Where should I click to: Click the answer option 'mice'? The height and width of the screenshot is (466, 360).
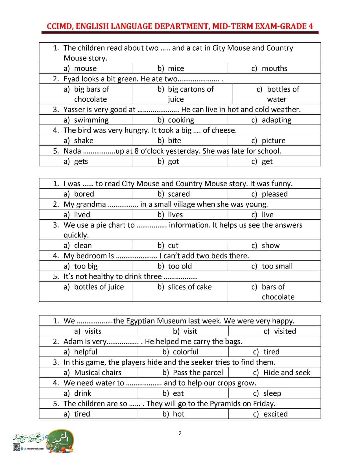coord(176,68)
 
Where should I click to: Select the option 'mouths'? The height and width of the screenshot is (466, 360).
coord(274,68)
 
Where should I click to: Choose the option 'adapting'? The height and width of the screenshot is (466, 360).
coord(276,120)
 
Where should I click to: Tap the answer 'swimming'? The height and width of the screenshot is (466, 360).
coord(91,120)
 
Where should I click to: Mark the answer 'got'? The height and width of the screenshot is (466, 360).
coord(173,161)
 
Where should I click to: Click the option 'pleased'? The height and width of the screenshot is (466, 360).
coord(274,194)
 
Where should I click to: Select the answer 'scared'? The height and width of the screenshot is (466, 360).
coord(179,194)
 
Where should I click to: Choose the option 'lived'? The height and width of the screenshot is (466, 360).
coord(82,215)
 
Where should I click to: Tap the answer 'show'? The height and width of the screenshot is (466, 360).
coord(271,246)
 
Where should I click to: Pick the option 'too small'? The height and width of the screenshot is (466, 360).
coord(277,266)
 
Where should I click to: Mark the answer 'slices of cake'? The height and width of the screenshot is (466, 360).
coord(190,287)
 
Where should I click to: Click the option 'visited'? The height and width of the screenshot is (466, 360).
coord(285,331)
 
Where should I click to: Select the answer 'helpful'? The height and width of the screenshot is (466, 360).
coord(86,352)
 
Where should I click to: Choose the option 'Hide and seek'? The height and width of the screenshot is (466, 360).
coord(287,373)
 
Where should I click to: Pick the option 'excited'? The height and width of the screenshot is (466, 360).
coord(275,414)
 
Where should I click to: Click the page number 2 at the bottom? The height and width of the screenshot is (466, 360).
coord(180,433)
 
